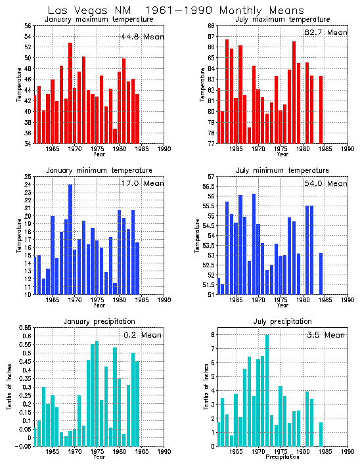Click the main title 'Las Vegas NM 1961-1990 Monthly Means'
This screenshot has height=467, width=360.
click(x=177, y=11)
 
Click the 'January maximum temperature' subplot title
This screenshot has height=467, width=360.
click(x=99, y=20)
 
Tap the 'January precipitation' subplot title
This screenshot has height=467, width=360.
click(x=99, y=321)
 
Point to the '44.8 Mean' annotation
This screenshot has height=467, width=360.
click(x=142, y=37)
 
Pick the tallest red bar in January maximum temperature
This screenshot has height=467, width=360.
click(x=70, y=93)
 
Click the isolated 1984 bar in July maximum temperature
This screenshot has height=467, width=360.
click(x=321, y=109)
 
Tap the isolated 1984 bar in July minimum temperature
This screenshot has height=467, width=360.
click(x=321, y=273)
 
